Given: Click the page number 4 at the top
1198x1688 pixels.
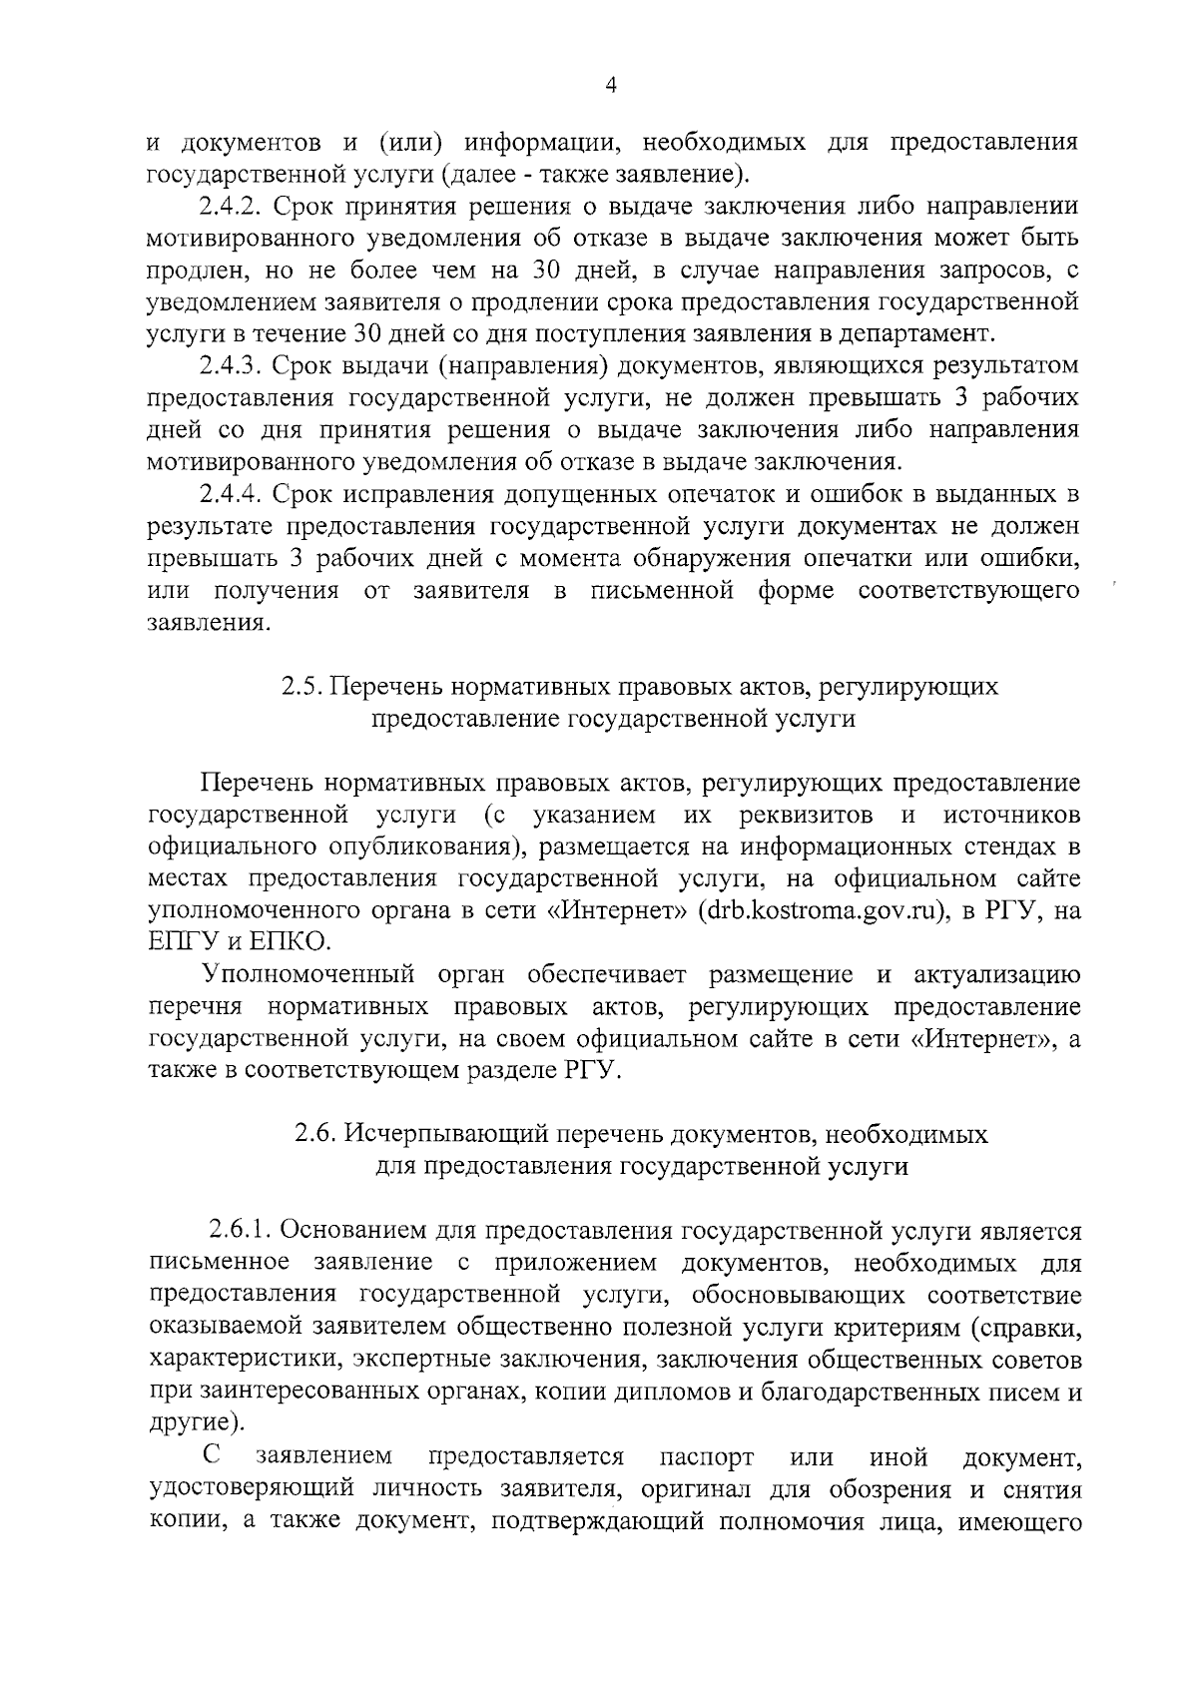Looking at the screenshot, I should coord(611,87).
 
